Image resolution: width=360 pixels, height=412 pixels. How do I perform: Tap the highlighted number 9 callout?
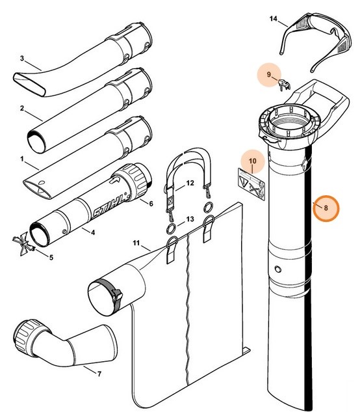(268, 76)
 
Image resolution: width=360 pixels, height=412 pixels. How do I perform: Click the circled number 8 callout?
(327, 208)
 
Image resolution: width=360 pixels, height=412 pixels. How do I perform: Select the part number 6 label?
(169, 203)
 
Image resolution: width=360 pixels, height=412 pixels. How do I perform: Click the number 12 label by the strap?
(190, 184)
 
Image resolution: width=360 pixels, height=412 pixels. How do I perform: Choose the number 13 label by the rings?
(190, 219)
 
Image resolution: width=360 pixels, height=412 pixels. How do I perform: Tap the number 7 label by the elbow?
(98, 374)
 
